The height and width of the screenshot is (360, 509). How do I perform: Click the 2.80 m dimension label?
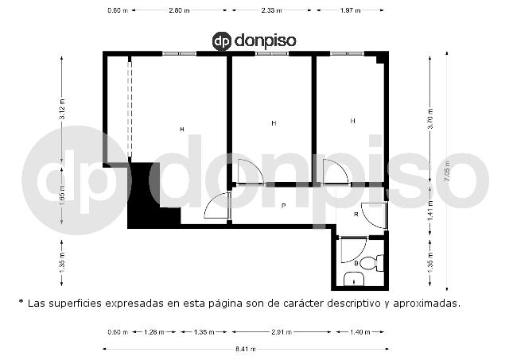click(179, 10)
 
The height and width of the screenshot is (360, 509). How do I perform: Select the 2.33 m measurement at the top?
click(271, 10)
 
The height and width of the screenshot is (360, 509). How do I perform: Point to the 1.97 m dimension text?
click(350, 10)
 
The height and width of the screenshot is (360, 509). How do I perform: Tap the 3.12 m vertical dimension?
click(62, 109)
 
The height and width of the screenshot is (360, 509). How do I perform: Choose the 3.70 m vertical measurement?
click(430, 118)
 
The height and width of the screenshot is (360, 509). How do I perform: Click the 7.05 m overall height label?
click(447, 171)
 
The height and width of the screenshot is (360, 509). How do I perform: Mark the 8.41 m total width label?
click(246, 349)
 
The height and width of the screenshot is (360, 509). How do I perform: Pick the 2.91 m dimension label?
click(281, 331)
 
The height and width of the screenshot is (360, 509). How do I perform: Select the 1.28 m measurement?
click(154, 331)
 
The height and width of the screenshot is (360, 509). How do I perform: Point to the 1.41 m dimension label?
click(430, 211)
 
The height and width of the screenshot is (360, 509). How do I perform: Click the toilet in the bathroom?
click(372, 263)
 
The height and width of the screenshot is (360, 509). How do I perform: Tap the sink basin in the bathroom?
click(353, 280)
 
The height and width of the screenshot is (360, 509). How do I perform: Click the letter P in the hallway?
click(283, 206)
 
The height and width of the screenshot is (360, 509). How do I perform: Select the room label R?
click(356, 215)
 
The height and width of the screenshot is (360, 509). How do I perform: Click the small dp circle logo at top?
click(222, 41)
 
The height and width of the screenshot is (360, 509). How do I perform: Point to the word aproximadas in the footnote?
click(427, 304)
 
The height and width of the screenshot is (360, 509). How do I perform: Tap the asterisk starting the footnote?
click(21, 302)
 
